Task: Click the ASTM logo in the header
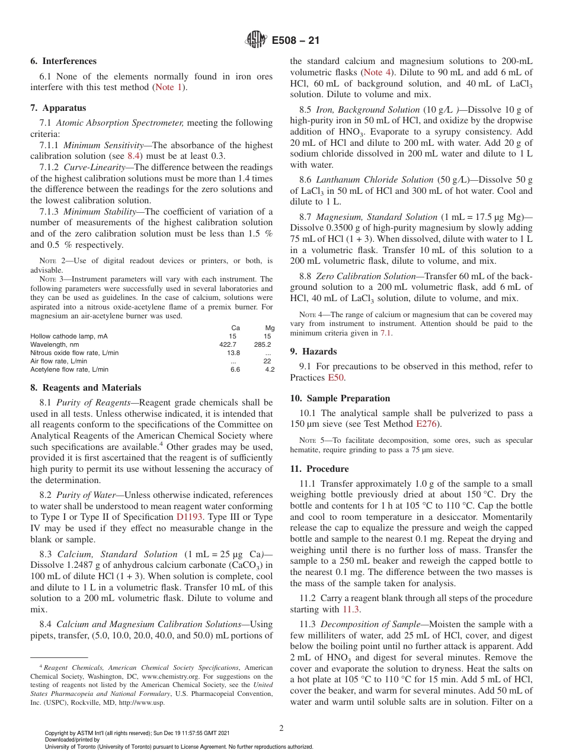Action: pyautogui.click(x=256, y=40)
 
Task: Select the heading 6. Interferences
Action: pyautogui.click(x=63, y=61)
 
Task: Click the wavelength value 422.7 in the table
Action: pyautogui.click(x=228, y=344)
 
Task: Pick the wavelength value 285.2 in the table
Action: pyautogui.click(x=263, y=344)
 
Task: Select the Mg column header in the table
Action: pyautogui.click(x=270, y=328)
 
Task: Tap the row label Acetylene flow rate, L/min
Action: pyautogui.click(x=69, y=369)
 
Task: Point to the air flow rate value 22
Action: pyautogui.click(x=267, y=361)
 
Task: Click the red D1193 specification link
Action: pyautogui.click(x=190, y=517)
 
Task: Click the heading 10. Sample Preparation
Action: pyautogui.click(x=340, y=398)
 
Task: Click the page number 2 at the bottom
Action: pyautogui.click(x=281, y=729)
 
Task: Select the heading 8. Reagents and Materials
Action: pyautogui.click(x=85, y=388)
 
